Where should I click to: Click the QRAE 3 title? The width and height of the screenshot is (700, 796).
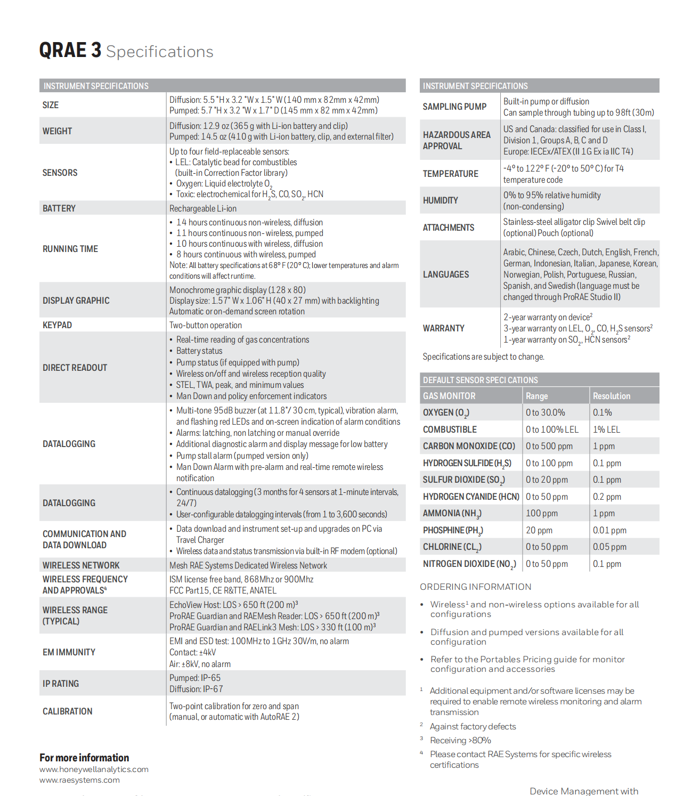(70, 51)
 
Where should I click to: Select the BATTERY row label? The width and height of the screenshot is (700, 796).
(59, 208)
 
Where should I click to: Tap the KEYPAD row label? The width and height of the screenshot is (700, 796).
(57, 325)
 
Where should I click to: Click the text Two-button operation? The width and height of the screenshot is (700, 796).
(206, 325)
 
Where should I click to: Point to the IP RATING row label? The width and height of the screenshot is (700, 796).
(61, 684)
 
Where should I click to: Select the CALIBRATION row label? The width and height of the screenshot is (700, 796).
(68, 711)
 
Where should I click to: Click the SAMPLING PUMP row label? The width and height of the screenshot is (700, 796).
(454, 107)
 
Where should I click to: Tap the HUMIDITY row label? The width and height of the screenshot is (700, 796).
(440, 200)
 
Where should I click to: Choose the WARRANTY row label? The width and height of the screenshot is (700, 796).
(443, 328)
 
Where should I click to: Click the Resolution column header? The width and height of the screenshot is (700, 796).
(612, 396)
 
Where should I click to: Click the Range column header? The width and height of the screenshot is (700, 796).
(536, 396)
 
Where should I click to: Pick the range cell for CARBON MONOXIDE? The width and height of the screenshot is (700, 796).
(549, 446)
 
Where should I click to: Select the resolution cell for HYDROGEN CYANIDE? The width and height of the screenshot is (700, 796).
(607, 497)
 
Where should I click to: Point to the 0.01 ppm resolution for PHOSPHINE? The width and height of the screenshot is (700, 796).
(609, 530)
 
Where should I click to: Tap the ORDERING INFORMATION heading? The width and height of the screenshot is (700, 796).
(475, 587)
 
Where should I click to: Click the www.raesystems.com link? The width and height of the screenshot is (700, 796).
(79, 780)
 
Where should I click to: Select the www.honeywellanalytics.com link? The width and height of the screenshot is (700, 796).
(94, 769)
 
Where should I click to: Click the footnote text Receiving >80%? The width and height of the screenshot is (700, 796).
(460, 740)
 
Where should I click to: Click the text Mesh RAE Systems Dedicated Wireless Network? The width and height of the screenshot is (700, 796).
(248, 565)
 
